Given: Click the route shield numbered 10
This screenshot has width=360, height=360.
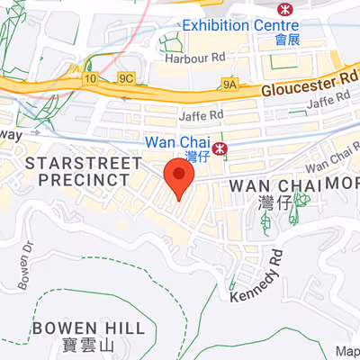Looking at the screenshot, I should [x=90, y=78].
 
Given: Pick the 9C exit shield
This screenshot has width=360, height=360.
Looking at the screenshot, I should [x=126, y=78].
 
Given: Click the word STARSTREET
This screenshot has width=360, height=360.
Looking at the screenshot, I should [x=85, y=163].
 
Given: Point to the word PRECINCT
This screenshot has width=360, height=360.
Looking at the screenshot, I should [x=85, y=179].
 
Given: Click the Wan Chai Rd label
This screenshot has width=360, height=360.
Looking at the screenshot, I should [x=329, y=163].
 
